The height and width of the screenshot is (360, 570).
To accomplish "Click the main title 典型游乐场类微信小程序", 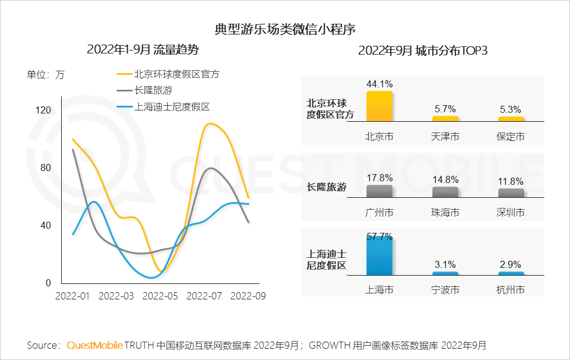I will coord(285,29).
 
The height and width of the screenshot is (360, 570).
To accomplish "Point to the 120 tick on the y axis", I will coord(44,110).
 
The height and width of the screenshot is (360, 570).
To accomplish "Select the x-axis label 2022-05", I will coord(160,295).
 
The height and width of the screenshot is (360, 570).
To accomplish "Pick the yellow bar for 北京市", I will coord(379,106).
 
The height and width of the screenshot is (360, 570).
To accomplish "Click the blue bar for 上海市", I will coord(379,255).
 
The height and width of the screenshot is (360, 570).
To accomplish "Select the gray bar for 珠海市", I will coord(445,192).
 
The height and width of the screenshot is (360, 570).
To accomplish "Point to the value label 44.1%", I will coord(379,84).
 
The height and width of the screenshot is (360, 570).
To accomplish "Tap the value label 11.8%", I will coord(511,181).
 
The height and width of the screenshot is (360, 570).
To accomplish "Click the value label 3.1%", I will coord(445,265).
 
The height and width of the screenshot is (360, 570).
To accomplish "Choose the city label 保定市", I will coord(511,137).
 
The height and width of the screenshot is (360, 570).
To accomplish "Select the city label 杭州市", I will coord(511,290).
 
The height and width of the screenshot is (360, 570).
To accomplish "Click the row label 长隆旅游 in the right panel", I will coord(327,187).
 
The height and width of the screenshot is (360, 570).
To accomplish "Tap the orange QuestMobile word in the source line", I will coord(94,345).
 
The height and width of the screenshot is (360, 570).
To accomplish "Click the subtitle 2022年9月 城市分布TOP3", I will coord(423,50).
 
